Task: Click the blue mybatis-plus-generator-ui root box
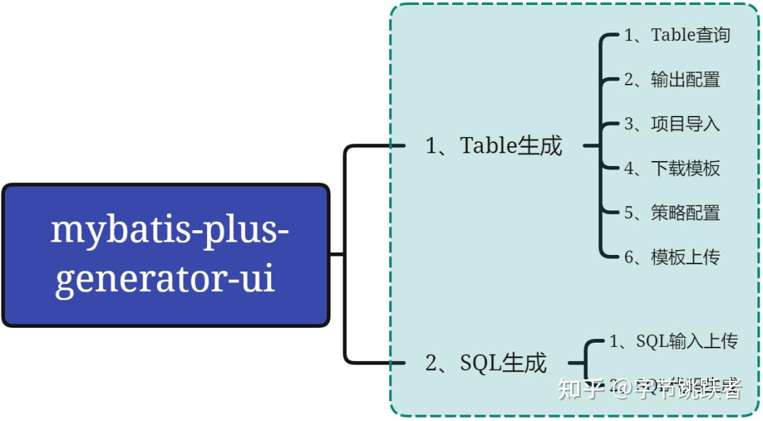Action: tap(166, 255)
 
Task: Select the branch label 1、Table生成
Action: tap(494, 146)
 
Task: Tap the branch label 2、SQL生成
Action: tap(486, 363)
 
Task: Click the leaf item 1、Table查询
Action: tap(677, 35)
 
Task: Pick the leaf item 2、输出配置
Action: tap(672, 79)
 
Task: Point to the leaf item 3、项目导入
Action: tap(672, 124)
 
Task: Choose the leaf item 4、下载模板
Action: tap(672, 168)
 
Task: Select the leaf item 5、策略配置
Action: tap(672, 213)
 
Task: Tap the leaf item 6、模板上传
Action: tap(672, 257)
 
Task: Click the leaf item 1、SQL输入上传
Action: tap(673, 341)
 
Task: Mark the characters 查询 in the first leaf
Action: tap(714, 35)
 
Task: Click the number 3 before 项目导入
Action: tap(629, 124)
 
